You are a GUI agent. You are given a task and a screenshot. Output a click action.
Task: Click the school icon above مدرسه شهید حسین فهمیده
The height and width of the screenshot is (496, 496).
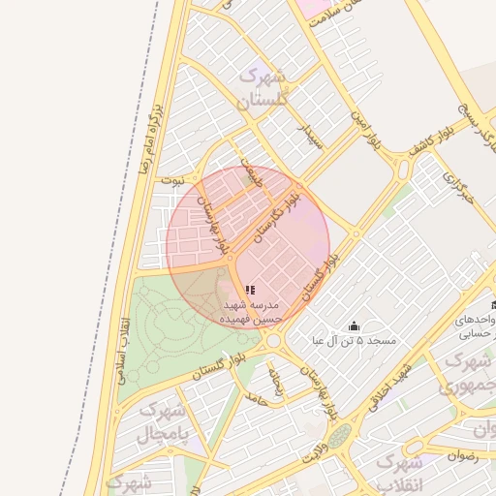[250, 290]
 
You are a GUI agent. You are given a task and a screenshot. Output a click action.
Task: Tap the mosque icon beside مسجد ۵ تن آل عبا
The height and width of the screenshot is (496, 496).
[354, 325]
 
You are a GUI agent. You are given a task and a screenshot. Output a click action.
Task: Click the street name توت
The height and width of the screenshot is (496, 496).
[172, 180]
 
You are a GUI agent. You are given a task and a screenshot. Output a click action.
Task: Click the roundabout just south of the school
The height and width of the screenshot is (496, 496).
[273, 340]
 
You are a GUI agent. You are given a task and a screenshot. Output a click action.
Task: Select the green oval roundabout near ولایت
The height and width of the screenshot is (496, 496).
[339, 436]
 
